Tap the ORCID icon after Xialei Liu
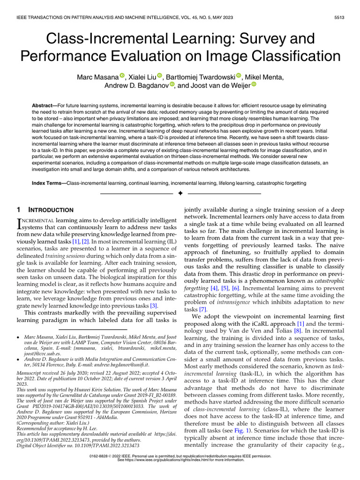pos(159,75)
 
